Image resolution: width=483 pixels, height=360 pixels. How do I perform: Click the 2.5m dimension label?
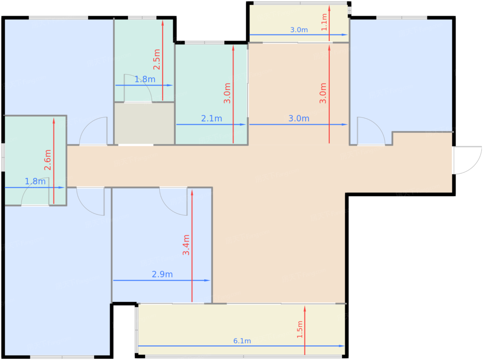(157, 59)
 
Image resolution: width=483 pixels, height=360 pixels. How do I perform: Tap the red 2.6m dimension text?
(48, 160)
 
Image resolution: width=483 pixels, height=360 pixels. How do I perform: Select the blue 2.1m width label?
(211, 119)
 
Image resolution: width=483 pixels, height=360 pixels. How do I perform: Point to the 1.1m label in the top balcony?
(324, 22)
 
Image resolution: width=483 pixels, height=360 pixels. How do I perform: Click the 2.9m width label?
(162, 274)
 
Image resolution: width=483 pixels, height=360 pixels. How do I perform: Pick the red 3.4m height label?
(186, 245)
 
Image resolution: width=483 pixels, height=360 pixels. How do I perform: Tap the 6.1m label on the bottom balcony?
(242, 341)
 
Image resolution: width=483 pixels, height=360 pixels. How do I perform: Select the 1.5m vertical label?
(300, 329)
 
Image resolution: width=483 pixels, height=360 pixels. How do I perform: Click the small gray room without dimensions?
(144, 123)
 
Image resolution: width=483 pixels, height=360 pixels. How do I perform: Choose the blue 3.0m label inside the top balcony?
(299, 30)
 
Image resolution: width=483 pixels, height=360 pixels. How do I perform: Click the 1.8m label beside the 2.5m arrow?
(145, 79)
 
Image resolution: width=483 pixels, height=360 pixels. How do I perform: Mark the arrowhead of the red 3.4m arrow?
(192, 192)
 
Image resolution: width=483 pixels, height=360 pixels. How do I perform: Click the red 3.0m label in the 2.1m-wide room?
(227, 93)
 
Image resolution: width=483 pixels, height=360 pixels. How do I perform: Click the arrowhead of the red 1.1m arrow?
(329, 8)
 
